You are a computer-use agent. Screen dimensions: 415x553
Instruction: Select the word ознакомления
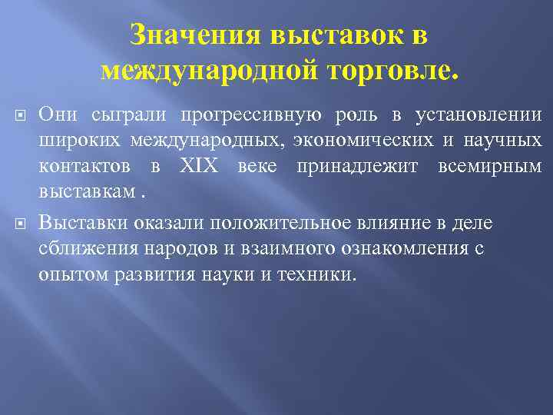tap(402, 249)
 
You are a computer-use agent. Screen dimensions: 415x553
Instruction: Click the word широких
tap(79, 141)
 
